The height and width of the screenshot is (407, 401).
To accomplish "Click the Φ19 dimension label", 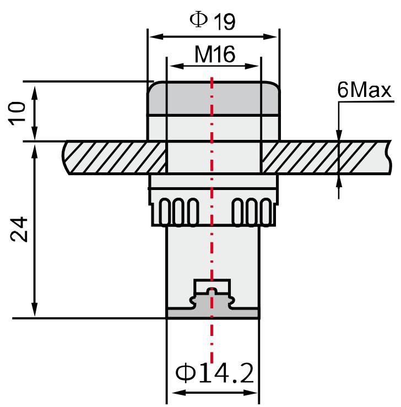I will (213, 20).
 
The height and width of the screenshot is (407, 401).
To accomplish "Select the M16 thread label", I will (215, 54).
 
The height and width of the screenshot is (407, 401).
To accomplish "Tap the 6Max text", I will (365, 90).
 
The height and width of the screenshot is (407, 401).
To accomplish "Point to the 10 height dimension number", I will (19, 113).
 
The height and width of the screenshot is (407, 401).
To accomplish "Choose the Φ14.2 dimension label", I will (215, 374).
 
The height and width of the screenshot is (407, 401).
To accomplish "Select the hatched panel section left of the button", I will (116, 158).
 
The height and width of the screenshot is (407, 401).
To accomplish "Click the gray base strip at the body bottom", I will (213, 313).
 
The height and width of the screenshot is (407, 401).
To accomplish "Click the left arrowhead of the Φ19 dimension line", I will (152, 37).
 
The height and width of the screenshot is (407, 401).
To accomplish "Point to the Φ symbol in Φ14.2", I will (186, 374).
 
